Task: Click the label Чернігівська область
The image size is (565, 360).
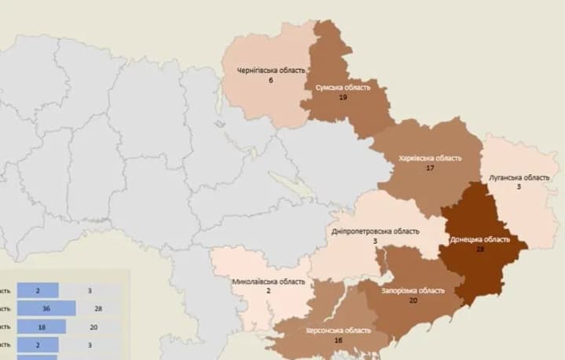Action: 271,71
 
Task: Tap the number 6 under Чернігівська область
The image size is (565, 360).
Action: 271,82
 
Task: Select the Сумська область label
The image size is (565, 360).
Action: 343,87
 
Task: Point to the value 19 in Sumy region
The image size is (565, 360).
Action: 343,97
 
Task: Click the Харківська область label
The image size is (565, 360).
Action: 430,158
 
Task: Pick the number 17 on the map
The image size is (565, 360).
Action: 430,168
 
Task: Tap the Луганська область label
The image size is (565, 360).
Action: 519,177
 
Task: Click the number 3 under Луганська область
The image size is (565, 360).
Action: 519,187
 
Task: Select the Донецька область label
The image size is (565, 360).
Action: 479,239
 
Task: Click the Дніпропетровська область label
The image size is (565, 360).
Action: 375,231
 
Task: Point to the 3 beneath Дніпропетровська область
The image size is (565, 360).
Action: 375,242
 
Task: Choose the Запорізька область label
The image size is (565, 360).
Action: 413,290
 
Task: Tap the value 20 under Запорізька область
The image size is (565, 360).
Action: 413,300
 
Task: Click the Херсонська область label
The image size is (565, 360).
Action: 339,331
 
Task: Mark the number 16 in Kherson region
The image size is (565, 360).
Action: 339,341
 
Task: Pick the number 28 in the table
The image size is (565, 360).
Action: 99,308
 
